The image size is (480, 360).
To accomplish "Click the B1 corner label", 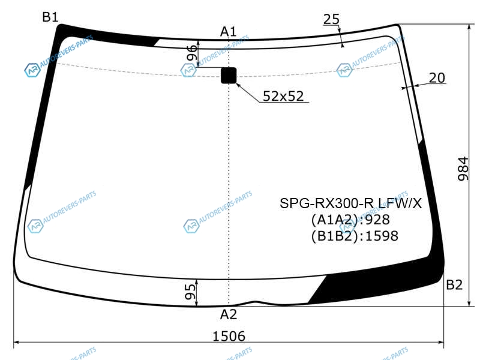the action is [50, 17].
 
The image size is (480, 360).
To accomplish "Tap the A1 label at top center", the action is [229, 32].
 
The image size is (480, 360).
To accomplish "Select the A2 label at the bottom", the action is [229, 314].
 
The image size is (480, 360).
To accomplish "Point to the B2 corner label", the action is [454, 284].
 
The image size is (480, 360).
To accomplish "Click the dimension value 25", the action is [331, 19].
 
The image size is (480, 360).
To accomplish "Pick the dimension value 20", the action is [437, 78].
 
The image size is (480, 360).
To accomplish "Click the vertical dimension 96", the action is [191, 53].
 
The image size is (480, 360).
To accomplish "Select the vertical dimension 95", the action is [190, 292].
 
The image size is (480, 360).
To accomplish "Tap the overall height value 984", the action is [463, 169].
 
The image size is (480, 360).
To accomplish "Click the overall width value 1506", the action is [229, 336].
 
